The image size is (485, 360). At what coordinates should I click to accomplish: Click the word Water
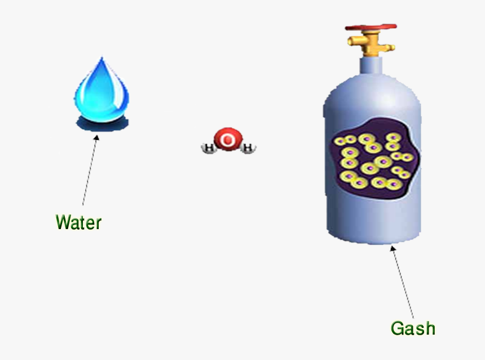coord(78,222)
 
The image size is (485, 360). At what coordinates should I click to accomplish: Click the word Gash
coord(413,328)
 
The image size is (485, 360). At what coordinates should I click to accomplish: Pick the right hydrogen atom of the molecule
coord(247,148)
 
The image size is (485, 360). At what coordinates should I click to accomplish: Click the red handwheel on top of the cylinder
coord(371,27)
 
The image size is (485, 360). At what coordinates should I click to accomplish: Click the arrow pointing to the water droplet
coord(89,169)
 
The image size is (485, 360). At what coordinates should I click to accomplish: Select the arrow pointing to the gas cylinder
coord(403,282)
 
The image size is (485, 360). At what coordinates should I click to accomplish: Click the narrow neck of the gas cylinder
coord(371,65)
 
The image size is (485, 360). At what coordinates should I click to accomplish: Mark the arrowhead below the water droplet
coord(96,137)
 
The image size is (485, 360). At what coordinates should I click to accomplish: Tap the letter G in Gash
coord(397,328)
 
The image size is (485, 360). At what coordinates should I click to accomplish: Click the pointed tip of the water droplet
coord(102,59)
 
